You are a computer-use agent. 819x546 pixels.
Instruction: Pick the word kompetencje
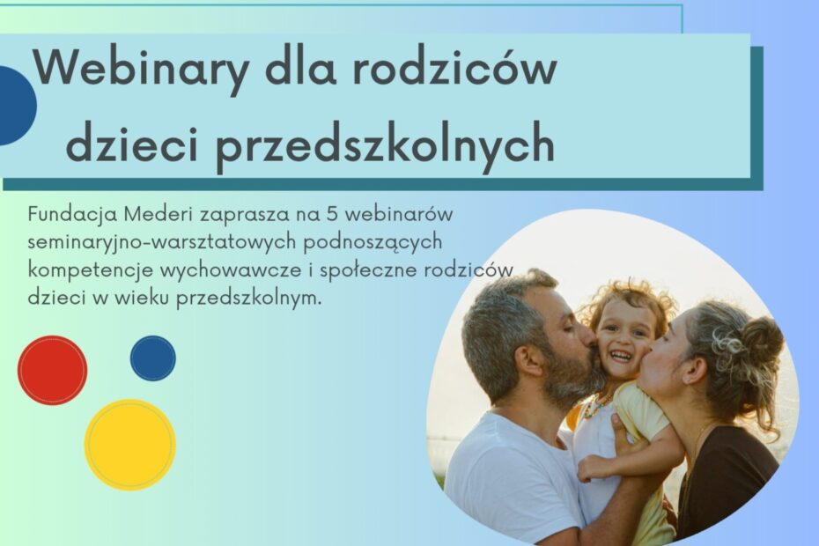click(x=91, y=271)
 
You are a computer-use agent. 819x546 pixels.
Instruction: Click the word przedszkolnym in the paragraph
click(x=247, y=299)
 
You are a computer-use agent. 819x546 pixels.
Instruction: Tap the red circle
click(x=52, y=370)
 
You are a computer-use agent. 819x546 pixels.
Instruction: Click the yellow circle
click(x=130, y=445)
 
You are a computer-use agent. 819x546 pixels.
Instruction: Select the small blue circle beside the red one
click(x=153, y=358)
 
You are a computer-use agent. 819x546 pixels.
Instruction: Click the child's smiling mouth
click(x=622, y=356)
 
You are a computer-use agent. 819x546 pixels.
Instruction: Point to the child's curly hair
click(x=630, y=301)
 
